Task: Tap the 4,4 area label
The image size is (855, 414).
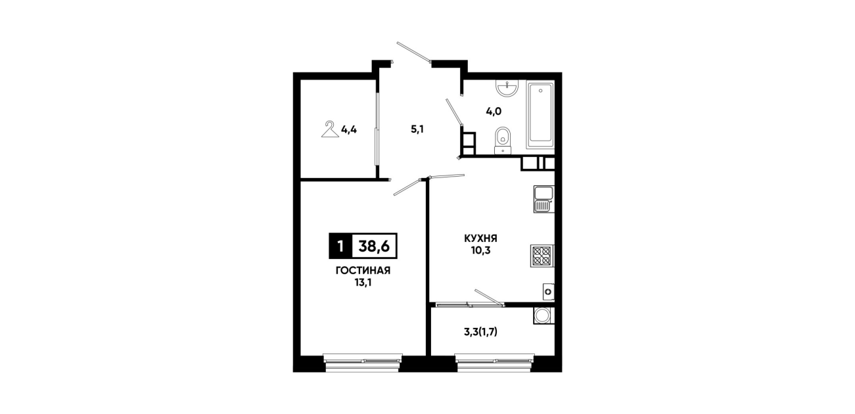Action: click(x=81, y=129)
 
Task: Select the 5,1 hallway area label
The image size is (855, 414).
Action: click(x=417, y=129)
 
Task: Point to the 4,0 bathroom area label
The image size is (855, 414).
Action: click(x=494, y=112)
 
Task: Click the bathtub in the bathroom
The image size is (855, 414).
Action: click(x=540, y=114)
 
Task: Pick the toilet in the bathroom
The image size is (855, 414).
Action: click(x=503, y=141)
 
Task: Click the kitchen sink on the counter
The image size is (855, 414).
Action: click(x=543, y=199)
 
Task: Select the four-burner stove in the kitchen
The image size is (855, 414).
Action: click(x=542, y=256)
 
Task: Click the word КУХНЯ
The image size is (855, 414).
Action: click(x=480, y=239)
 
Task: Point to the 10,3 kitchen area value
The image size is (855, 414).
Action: click(x=480, y=250)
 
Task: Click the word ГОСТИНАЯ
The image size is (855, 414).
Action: click(x=363, y=271)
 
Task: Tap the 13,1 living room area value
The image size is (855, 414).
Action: click(x=363, y=283)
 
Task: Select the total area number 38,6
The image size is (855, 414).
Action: click(x=374, y=246)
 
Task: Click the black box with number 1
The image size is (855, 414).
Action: click(x=340, y=246)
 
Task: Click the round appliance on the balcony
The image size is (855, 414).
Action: click(x=543, y=315)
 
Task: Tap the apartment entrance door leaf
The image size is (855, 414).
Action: click(x=414, y=52)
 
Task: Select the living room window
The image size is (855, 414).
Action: click(x=363, y=362)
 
